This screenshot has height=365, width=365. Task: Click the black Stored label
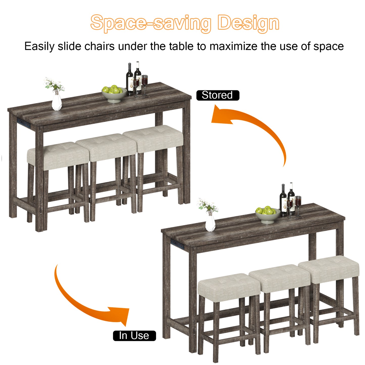[218, 95]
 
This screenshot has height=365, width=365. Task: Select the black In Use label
[134, 336]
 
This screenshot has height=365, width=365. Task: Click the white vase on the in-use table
[210, 223]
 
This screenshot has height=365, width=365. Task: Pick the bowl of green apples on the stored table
[114, 94]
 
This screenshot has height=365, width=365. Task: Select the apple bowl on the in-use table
[268, 215]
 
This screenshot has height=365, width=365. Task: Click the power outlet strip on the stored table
[23, 122]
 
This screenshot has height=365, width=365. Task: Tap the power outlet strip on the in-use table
[177, 244]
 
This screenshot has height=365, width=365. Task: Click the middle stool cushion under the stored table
[106, 147]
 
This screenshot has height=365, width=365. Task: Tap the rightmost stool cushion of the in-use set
[329, 269]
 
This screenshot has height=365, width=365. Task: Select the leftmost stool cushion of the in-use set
[229, 287]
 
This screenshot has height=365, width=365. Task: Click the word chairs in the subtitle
[100, 46]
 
